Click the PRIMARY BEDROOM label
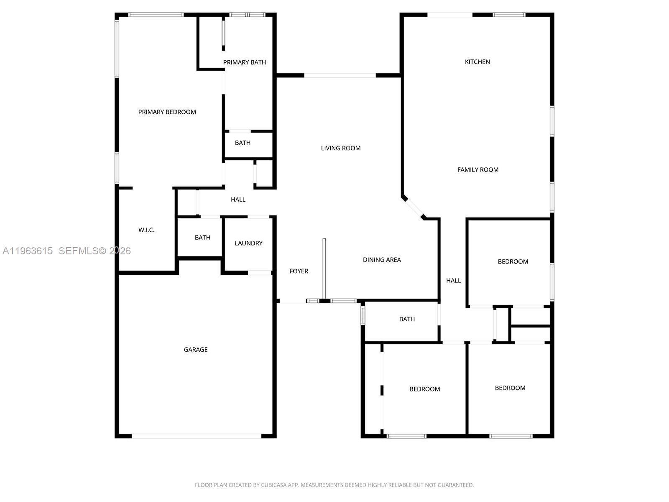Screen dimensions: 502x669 (167, 112)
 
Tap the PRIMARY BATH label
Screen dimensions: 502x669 (244, 62)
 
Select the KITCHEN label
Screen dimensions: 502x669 (477, 62)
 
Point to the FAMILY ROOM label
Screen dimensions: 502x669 (477, 170)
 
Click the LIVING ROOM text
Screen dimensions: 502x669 (340, 148)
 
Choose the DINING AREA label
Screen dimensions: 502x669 (381, 260)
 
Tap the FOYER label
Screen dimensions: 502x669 (299, 271)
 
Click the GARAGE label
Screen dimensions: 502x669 (196, 350)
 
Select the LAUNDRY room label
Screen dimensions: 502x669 (248, 243)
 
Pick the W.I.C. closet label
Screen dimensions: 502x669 (146, 230)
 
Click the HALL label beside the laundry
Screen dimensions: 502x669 (238, 200)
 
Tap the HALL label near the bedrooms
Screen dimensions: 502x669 (453, 281)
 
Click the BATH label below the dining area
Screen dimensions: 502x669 (406, 319)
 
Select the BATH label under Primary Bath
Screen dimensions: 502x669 (243, 143)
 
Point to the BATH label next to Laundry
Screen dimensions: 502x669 (202, 238)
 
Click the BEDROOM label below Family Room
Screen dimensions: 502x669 (513, 262)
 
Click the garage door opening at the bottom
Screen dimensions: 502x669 (197, 436)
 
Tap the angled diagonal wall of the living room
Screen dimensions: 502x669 (414, 207)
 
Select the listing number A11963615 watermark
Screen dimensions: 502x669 (28, 251)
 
